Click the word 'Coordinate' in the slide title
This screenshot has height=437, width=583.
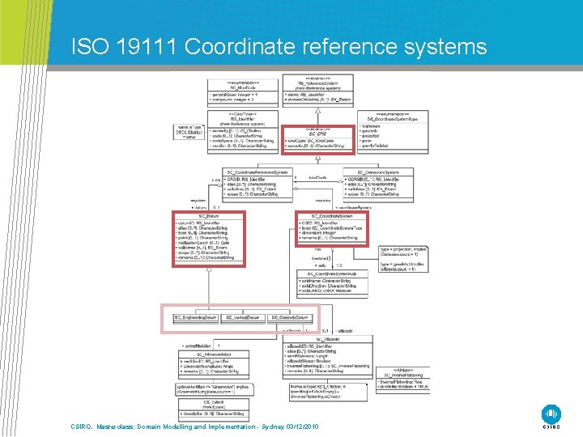(236, 47)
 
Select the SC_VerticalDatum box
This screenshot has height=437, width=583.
(244, 318)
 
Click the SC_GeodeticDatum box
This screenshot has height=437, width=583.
(290, 318)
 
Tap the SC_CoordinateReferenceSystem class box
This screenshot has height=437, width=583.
(258, 187)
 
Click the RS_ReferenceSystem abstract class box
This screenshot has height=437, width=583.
(317, 91)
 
